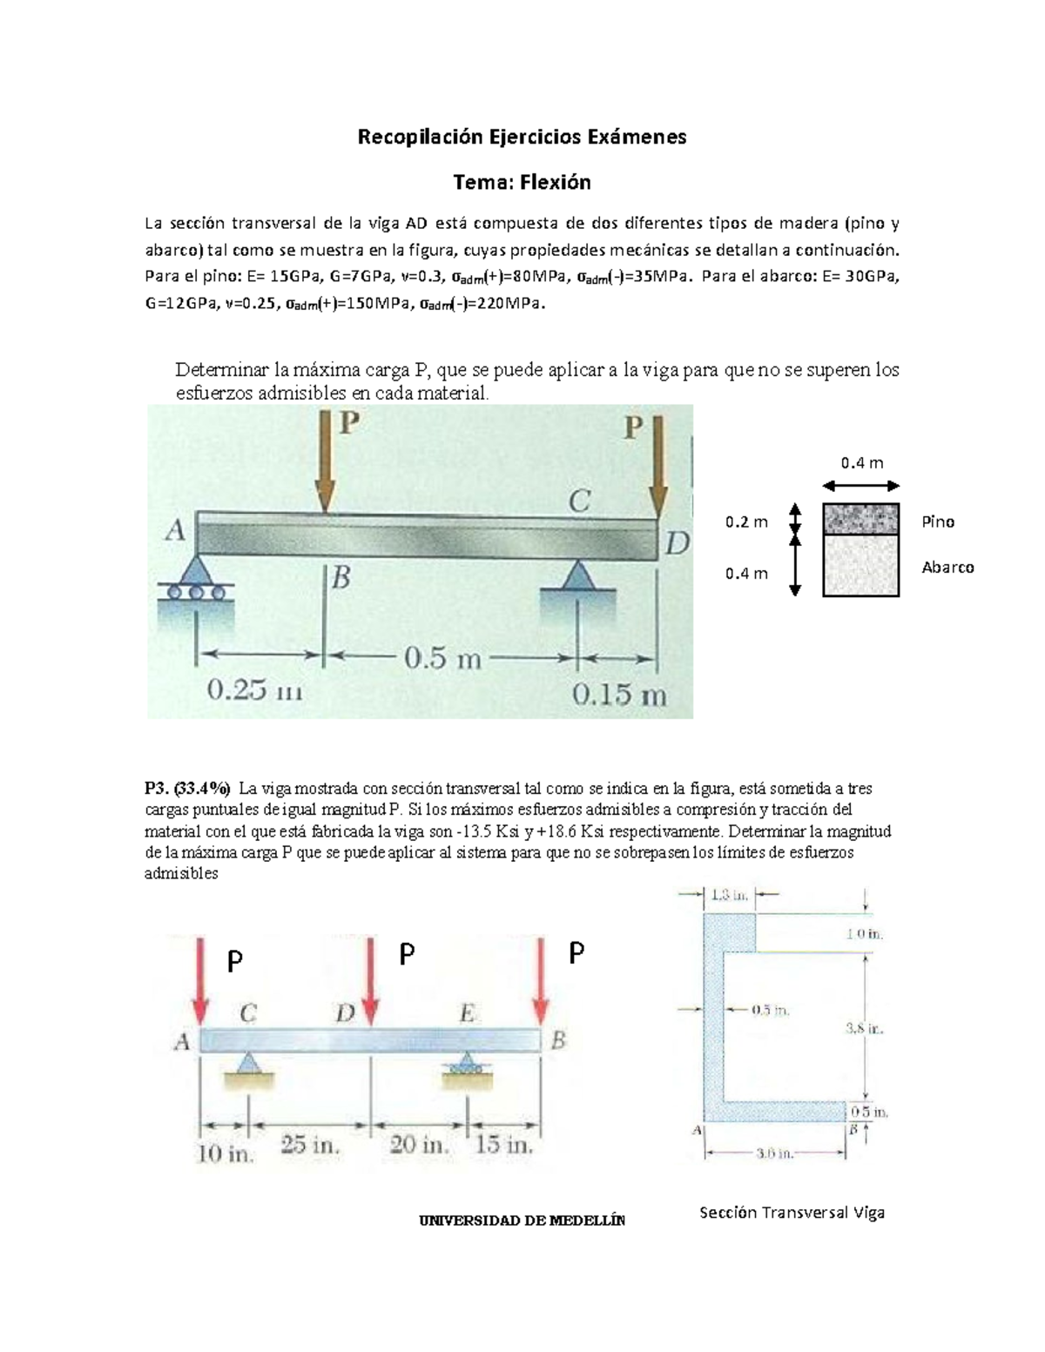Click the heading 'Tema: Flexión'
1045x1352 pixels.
click(522, 182)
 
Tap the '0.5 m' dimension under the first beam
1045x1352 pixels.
click(442, 658)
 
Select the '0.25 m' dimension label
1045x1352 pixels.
click(254, 693)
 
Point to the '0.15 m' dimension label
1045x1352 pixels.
click(619, 695)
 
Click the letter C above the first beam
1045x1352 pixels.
click(579, 501)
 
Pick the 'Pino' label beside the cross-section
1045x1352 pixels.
click(938, 521)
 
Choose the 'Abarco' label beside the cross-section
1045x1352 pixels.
click(947, 568)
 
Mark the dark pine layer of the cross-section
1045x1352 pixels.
click(860, 519)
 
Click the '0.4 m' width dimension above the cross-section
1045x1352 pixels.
click(860, 463)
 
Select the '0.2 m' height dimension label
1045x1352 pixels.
click(746, 522)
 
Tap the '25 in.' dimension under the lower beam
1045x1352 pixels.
click(310, 1146)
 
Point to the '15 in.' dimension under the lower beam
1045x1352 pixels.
click(504, 1146)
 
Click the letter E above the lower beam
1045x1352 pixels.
click(468, 1013)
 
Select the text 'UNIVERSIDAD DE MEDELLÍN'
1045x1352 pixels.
click(522, 1221)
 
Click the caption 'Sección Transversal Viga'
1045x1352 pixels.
click(792, 1213)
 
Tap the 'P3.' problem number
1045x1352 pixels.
click(157, 789)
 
